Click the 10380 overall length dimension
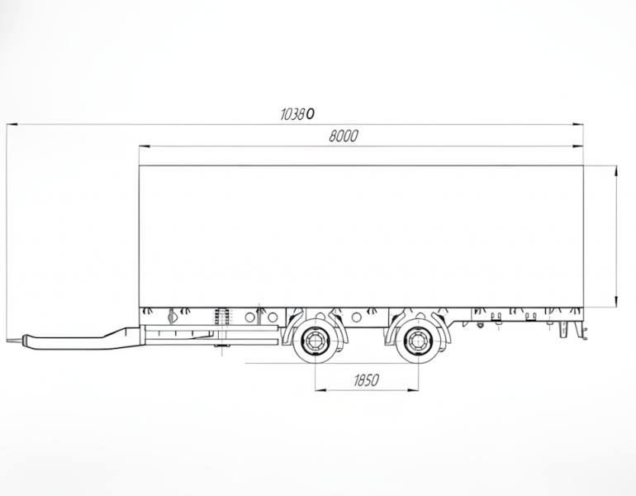click(x=297, y=114)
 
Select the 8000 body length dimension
click(x=343, y=136)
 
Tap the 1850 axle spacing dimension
click(x=366, y=380)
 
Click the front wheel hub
click(x=315, y=340)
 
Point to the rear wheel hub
click(x=417, y=340)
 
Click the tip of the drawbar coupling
click(x=9, y=340)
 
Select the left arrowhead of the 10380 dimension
click(x=12, y=125)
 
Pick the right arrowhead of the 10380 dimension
click(x=577, y=125)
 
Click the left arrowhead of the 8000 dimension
click(x=145, y=146)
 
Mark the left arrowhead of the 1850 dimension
click(x=320, y=390)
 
